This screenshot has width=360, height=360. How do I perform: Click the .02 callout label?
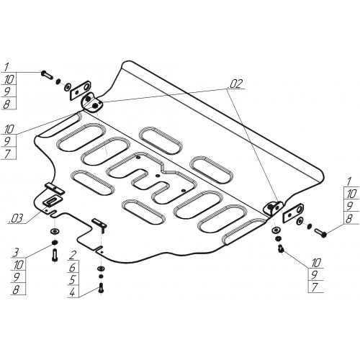coord(236,84)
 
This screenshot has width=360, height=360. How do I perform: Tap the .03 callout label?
coord(16,218)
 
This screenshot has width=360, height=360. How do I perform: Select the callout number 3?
coord(16,252)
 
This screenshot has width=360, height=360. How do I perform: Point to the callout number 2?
coord(72,255)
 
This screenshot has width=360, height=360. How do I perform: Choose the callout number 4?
coord(72,292)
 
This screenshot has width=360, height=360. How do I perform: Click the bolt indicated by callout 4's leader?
coord(101,287)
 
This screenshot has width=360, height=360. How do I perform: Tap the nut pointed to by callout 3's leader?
coord(55,243)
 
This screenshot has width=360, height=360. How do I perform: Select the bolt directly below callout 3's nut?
coord(55,255)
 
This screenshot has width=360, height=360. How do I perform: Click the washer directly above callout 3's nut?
coord(55,232)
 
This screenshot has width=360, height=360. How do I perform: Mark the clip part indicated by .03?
coord(52,200)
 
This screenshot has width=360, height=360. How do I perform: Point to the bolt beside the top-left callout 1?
coord(48,74)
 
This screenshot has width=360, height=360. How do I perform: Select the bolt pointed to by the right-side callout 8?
coord(320,233)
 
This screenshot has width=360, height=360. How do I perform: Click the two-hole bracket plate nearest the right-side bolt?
coord(293,212)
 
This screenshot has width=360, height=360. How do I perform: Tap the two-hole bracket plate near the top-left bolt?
coord(80,91)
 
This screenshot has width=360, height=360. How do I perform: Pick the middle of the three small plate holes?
coord(157,176)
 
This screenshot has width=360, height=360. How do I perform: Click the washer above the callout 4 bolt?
coord(101,268)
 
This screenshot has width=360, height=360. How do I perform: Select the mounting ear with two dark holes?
coord(92,102)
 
